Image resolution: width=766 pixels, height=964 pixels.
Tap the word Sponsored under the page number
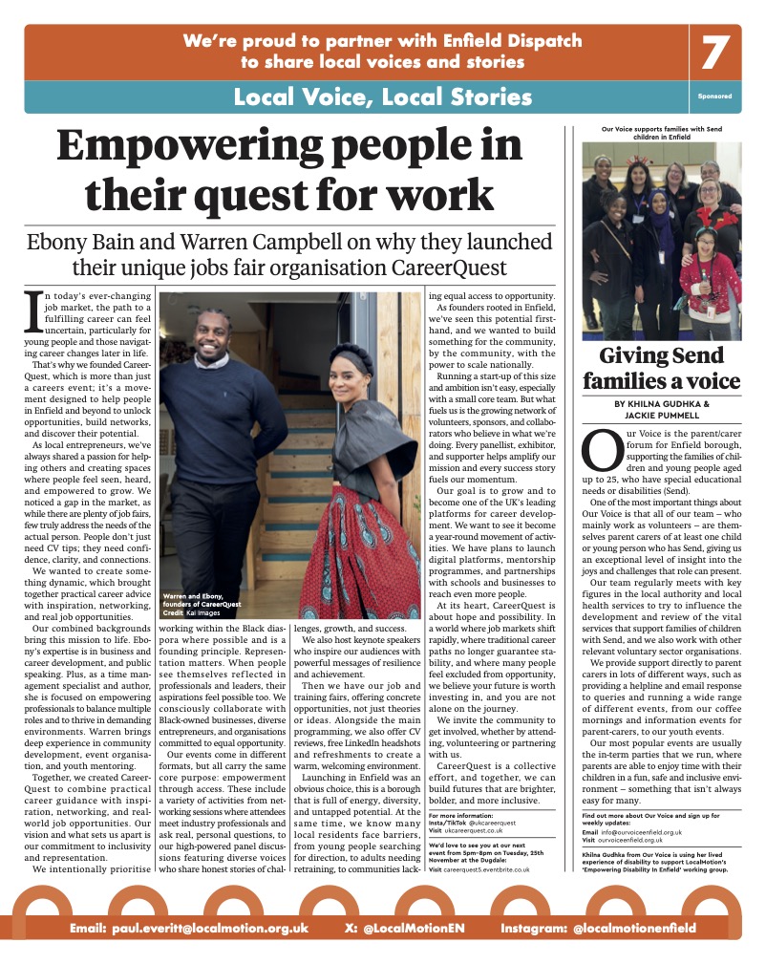click(x=715, y=97)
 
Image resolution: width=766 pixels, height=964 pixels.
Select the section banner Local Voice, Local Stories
click(x=382, y=96)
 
